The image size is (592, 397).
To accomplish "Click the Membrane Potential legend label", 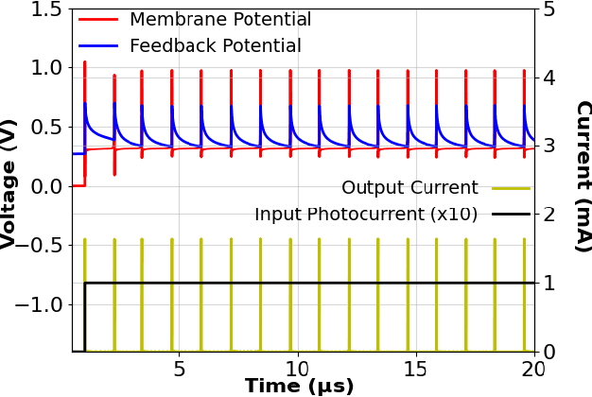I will [219, 20].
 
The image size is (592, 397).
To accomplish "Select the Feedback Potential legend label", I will [215, 45].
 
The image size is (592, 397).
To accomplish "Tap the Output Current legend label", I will [409, 188].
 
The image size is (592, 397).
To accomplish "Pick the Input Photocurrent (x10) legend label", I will [366, 215].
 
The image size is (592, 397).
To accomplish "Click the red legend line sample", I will [98, 20].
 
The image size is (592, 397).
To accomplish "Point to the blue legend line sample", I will [98, 45].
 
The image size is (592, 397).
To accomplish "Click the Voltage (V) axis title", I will [9, 183].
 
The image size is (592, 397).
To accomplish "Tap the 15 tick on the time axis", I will [416, 368].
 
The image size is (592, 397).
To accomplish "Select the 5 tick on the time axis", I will [181, 368].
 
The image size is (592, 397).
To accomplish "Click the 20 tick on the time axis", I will [532, 368].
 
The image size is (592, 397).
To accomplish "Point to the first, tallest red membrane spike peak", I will [85, 62].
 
